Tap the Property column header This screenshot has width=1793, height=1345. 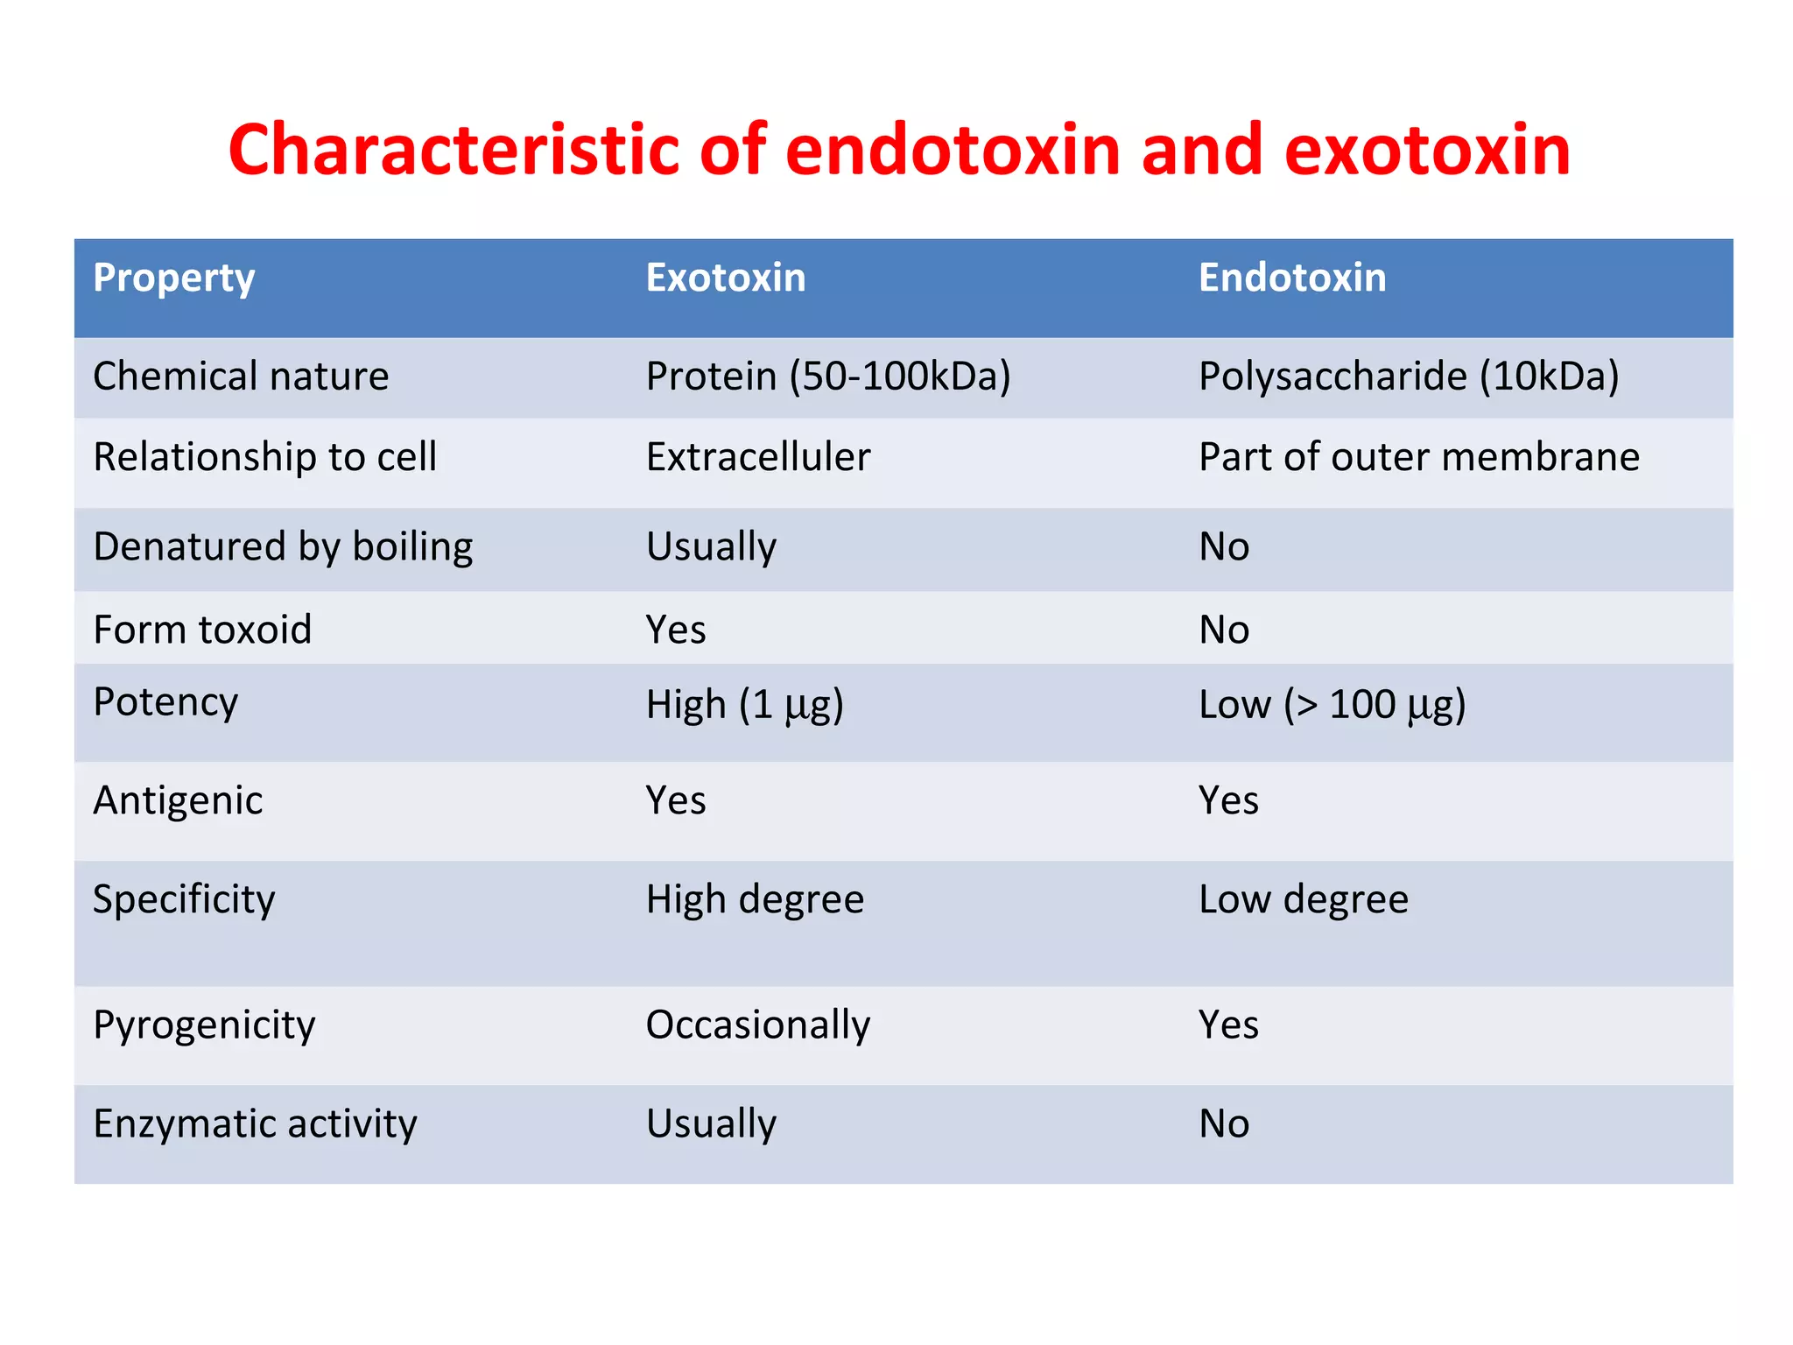pos(173,278)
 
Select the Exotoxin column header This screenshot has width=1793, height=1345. pos(725,278)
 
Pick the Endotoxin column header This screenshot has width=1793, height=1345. pos(1291,278)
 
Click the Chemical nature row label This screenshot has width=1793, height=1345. pos(241,377)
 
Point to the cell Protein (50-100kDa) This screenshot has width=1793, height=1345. pos(827,377)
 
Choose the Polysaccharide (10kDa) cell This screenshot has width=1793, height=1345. pos(1408,377)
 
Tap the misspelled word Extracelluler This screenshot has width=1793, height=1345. pos(757,457)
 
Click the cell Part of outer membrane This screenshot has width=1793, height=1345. pos(1418,457)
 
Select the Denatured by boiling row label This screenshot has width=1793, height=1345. pos(283,547)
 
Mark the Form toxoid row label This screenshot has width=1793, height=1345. pos(202,630)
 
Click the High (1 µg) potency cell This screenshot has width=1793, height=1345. pos(744,705)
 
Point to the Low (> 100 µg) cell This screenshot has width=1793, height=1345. pos(1331,705)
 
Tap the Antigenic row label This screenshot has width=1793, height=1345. pos(178,800)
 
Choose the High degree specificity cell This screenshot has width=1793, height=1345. pos(755,899)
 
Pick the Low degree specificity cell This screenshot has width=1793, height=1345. pos(1303,899)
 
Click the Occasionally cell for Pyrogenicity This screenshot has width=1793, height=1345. pos(757,1025)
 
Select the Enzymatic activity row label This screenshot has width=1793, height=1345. pos(255,1124)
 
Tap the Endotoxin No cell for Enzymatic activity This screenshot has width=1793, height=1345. pos(1223,1123)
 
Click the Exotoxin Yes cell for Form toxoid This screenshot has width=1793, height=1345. pos(675,630)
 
